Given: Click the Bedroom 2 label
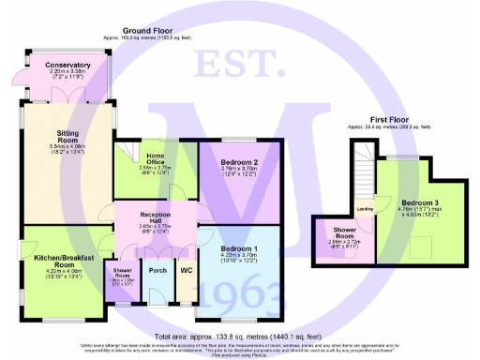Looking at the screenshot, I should click(237, 163).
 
